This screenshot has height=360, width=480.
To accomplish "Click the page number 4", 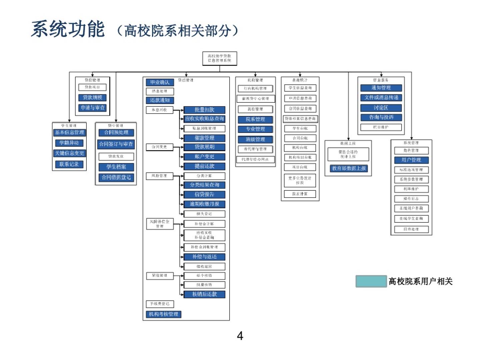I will point(240,335).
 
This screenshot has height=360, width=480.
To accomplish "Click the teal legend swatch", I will point(371,281).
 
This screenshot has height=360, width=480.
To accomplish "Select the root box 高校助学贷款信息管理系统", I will point(219,58).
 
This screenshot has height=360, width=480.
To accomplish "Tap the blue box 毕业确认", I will point(160,82).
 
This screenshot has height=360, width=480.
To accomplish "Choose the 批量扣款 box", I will point(204,110).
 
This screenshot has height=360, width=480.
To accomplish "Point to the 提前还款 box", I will point(204,166).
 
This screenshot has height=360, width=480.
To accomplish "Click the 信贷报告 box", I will point(204,194).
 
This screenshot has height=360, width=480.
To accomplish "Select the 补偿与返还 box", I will point(204,257).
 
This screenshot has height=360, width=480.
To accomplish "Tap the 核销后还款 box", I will point(204,294).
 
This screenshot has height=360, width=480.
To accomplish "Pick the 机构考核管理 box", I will point(163,314).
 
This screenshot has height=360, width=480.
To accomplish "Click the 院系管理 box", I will point(255,119).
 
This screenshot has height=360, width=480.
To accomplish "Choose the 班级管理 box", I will point(255,139).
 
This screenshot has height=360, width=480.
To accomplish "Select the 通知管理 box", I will point(381,88).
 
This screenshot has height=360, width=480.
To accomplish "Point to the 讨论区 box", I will point(381,108).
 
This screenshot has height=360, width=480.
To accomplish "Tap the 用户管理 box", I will point(411,160).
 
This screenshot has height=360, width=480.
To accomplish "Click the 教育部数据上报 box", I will point(349,168).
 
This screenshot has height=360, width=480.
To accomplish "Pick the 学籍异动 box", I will point(69,143).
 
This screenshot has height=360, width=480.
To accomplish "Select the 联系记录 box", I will point(69,164).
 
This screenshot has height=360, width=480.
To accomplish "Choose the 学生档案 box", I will point(116,167).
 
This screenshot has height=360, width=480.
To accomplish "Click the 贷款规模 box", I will point(92,97).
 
